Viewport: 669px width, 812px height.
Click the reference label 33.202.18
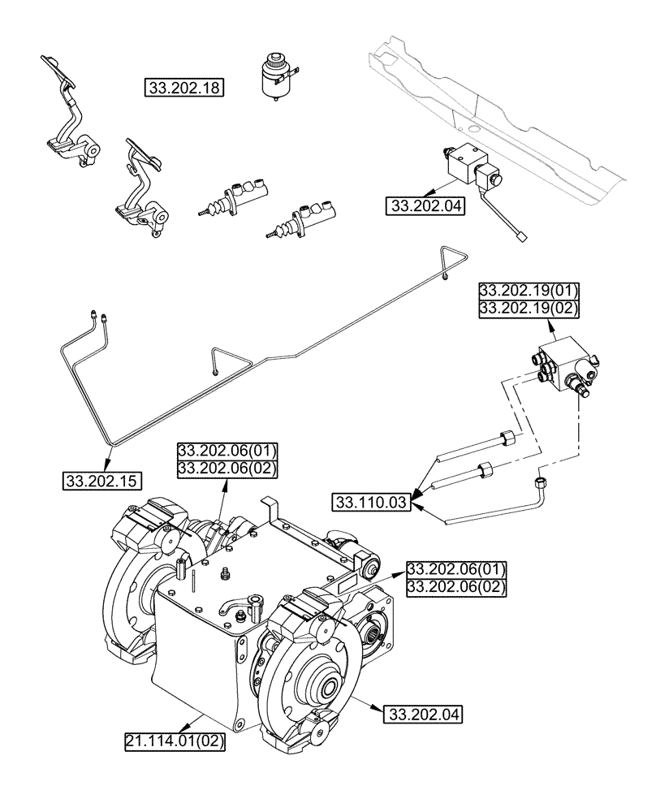coord(184,89)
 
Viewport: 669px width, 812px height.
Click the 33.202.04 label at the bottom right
coord(420,715)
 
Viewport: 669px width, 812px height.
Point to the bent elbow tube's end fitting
coord(540,485)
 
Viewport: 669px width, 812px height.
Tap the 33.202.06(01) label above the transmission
coord(228,451)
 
